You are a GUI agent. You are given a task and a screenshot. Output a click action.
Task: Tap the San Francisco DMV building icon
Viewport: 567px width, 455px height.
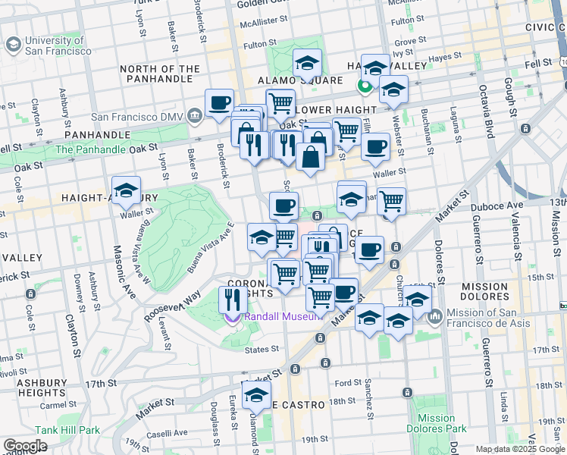tap(195, 117)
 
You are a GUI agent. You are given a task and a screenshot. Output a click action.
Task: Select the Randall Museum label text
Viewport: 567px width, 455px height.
tap(280, 317)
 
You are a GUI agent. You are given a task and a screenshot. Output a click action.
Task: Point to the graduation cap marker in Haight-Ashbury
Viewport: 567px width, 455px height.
tap(126, 190)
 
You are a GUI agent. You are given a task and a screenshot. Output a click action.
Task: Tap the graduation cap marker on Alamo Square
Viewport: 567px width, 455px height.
tap(307, 63)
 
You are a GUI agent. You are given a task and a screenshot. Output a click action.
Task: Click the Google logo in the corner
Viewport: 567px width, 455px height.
tap(25, 446)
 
